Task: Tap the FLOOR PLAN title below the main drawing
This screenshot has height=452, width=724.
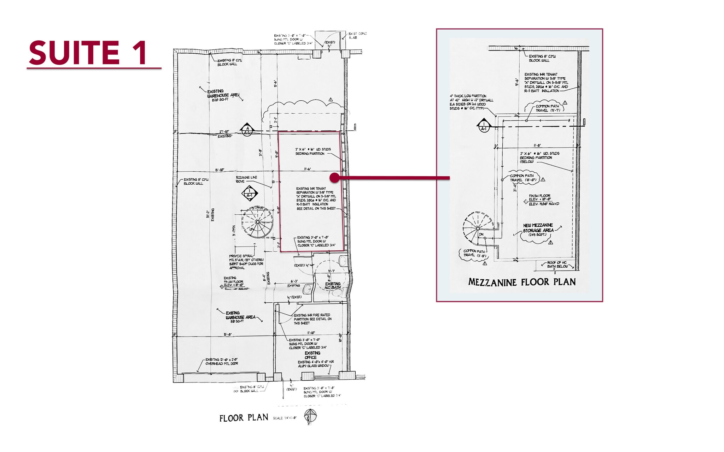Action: [244, 418]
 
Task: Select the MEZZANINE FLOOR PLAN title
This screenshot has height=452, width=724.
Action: [522, 282]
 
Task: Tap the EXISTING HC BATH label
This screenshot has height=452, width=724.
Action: [333, 285]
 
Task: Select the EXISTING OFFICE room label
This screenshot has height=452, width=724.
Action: [312, 355]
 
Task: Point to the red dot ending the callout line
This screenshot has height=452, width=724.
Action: [334, 178]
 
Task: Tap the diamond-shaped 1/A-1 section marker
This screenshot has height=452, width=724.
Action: [250, 194]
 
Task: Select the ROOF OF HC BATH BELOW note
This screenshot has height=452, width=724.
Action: [557, 264]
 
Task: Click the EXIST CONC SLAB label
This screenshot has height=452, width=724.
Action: [357, 35]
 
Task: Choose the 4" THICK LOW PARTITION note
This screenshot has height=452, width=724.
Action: [471, 102]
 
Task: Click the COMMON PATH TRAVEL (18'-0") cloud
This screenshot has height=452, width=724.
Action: [523, 178]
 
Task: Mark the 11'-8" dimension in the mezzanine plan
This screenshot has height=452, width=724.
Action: [537, 145]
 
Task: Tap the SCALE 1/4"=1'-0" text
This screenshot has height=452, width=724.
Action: [285, 418]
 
